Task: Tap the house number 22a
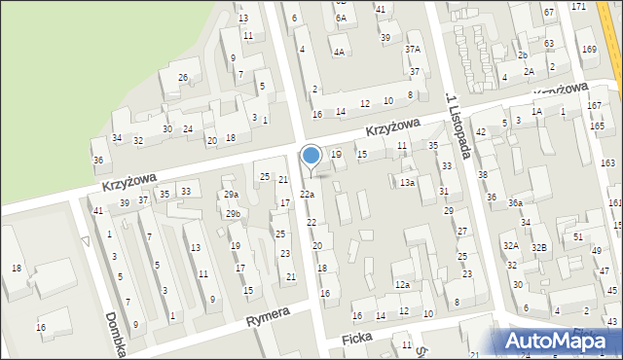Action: coord(307,195)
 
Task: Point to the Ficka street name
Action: coord(357,338)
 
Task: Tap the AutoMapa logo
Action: coord(561,342)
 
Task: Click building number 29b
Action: coord(233,213)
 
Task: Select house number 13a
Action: coord(408,182)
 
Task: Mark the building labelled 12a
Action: coord(401,284)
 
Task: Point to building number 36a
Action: coord(515,202)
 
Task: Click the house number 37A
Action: coord(413,49)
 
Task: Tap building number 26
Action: coord(182,77)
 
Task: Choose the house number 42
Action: coord(481,131)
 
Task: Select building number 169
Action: coord(588,49)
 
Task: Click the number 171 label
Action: coord(579,7)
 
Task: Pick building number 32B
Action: coord(538,247)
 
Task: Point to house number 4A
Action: coord(338,52)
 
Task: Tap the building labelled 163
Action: coord(608,162)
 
